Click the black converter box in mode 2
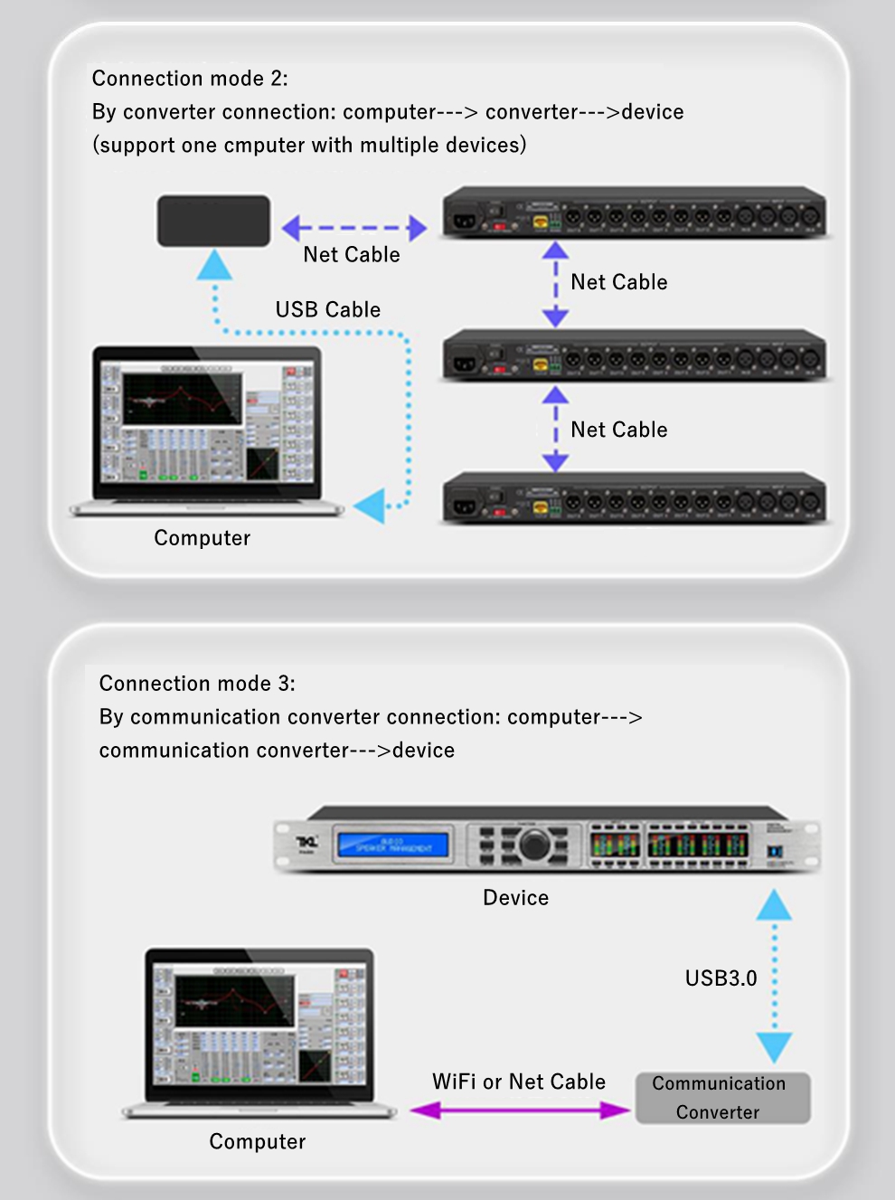(213, 221)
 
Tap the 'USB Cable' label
(327, 309)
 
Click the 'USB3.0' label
(721, 978)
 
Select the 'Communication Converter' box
(722, 1098)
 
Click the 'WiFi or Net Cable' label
(518, 1082)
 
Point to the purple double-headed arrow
(520, 1110)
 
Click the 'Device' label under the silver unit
(515, 897)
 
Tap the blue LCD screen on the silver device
(392, 845)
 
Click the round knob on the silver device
(533, 845)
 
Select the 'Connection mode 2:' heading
(190, 79)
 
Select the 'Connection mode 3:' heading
(197, 684)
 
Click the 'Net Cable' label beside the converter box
(351, 255)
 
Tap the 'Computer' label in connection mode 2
(202, 538)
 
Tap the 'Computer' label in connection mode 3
(257, 1141)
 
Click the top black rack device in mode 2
(635, 213)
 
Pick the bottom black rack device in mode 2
(635, 498)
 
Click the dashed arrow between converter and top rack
(354, 228)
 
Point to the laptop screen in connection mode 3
(259, 1025)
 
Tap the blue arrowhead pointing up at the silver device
(774, 904)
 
